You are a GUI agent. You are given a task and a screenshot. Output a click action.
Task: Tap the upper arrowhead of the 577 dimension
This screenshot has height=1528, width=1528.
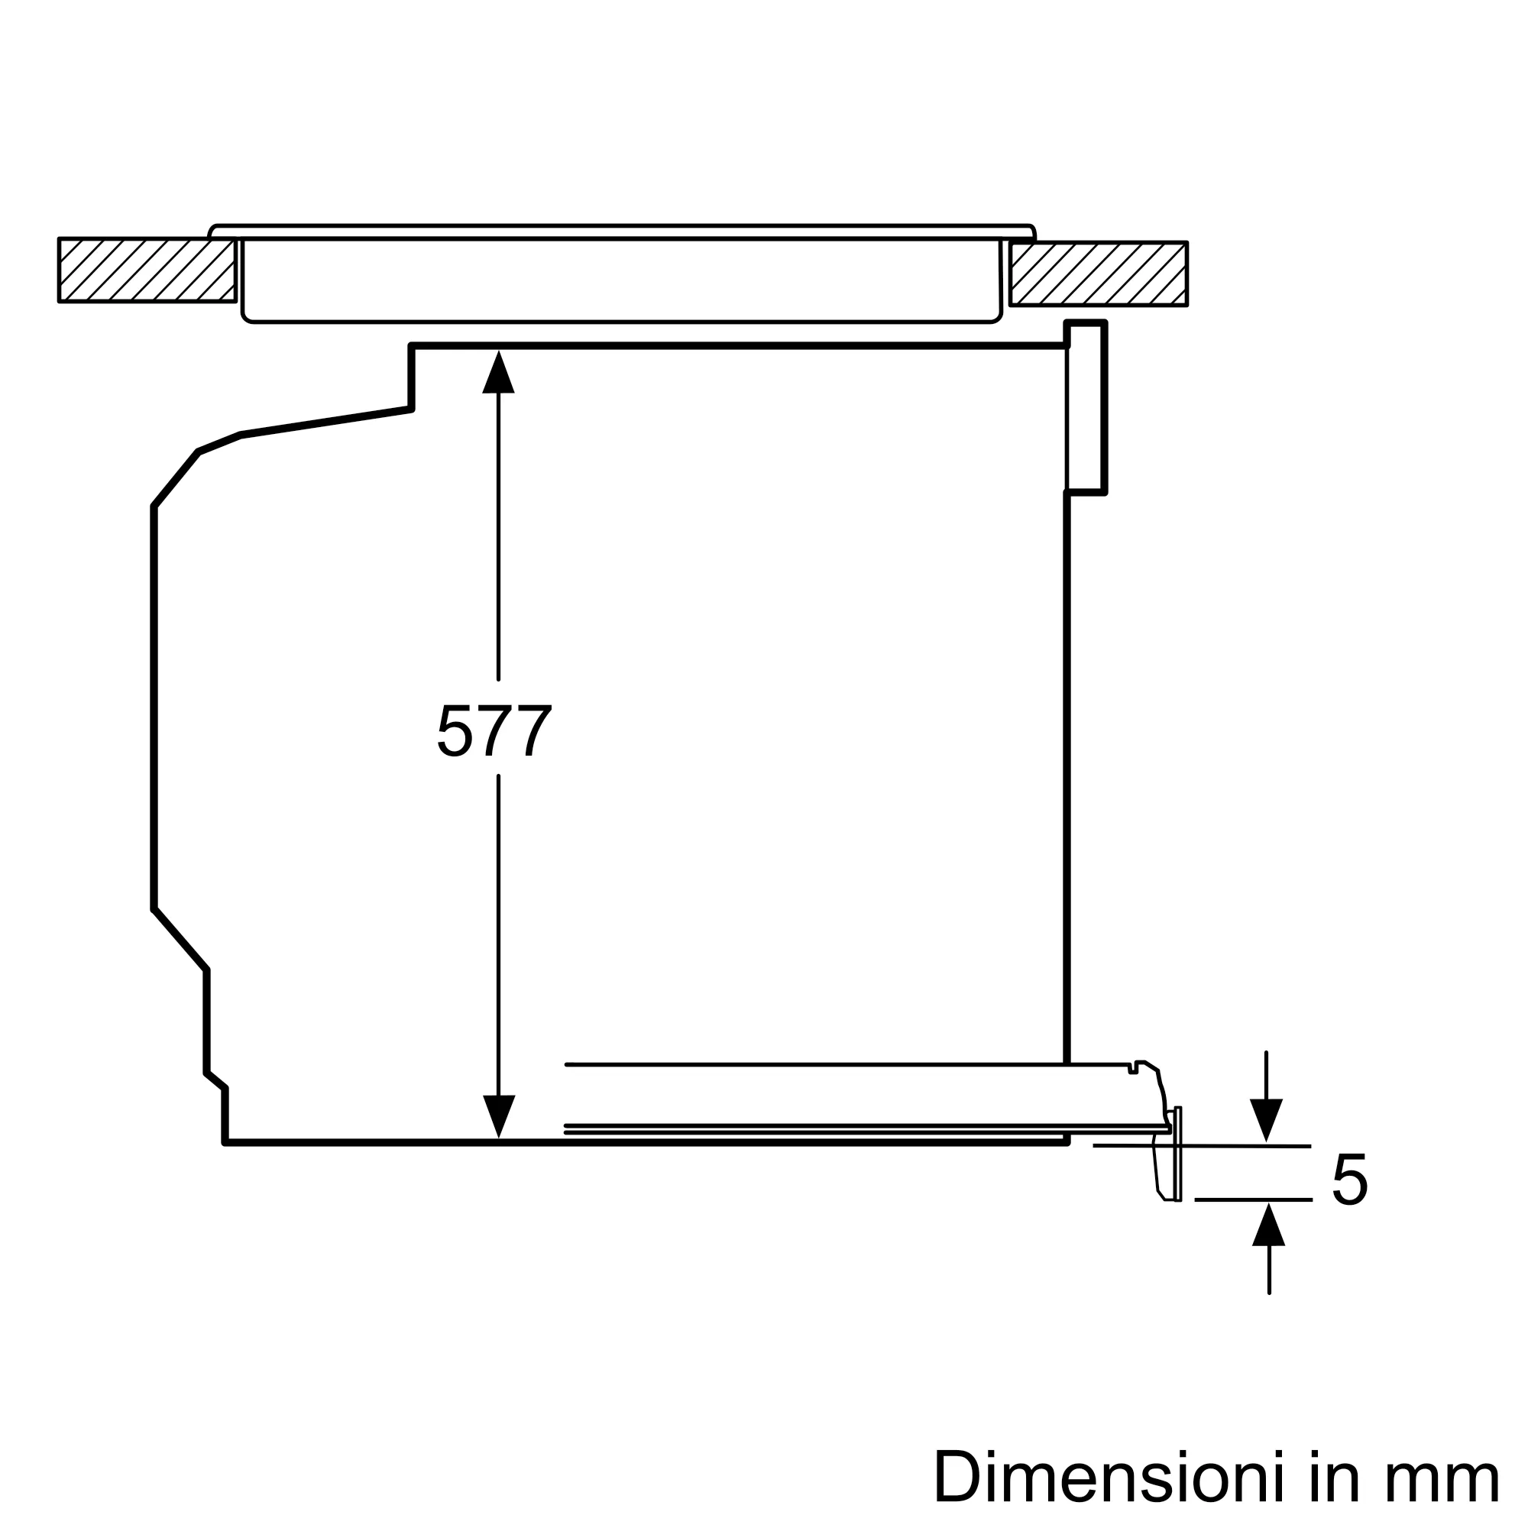coord(498,372)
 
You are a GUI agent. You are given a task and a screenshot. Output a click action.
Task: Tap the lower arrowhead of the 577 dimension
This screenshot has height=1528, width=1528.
coord(499,1117)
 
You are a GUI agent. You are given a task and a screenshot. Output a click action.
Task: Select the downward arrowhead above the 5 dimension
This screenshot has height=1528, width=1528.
coord(1266,1120)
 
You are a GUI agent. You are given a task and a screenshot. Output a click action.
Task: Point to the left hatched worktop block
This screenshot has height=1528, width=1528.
coord(147,270)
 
